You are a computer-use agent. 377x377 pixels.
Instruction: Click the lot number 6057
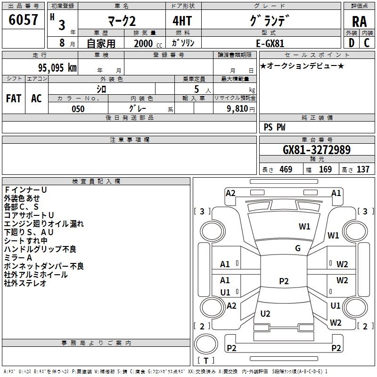(23, 20)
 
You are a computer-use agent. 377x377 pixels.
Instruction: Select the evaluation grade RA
(359, 22)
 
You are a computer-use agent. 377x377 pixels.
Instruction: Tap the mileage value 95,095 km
(57, 68)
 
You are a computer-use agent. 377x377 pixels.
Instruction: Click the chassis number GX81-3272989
(317, 150)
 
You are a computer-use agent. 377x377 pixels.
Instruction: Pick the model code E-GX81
(270, 43)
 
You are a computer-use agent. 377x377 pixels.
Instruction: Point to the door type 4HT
(182, 21)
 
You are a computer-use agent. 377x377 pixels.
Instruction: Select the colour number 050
(78, 109)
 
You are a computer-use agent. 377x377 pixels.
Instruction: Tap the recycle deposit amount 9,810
(238, 108)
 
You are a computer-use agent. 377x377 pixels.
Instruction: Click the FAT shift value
(14, 98)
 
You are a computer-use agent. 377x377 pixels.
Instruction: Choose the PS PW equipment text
(274, 127)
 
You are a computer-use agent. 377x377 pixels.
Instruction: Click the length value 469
(286, 169)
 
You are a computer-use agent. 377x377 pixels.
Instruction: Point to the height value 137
(363, 169)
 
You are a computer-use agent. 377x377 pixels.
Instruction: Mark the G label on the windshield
(298, 248)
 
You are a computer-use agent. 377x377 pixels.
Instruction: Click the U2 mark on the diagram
(265, 313)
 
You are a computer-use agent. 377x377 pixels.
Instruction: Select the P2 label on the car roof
(284, 281)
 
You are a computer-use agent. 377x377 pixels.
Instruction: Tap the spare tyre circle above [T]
(206, 344)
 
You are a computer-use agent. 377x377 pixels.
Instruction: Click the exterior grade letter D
(352, 43)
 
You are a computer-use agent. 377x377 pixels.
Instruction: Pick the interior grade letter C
(367, 43)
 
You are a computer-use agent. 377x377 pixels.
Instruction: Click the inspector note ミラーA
(18, 258)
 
